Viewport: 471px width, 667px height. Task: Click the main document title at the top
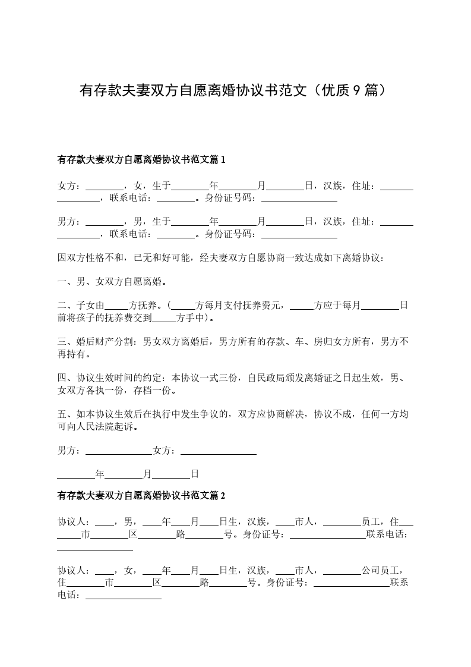pos(235,90)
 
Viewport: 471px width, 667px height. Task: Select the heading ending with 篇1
pos(141,159)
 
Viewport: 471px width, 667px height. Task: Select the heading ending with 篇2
pos(141,495)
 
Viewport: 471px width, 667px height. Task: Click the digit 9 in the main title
pos(356,90)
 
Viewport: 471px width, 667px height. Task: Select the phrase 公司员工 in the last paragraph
pos(381,570)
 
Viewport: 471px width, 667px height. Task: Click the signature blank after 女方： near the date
pos(218,451)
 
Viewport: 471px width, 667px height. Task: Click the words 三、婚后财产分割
pos(96,342)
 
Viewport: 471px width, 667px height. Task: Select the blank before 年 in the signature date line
pos(76,474)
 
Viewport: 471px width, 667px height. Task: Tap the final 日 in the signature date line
pos(195,474)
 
